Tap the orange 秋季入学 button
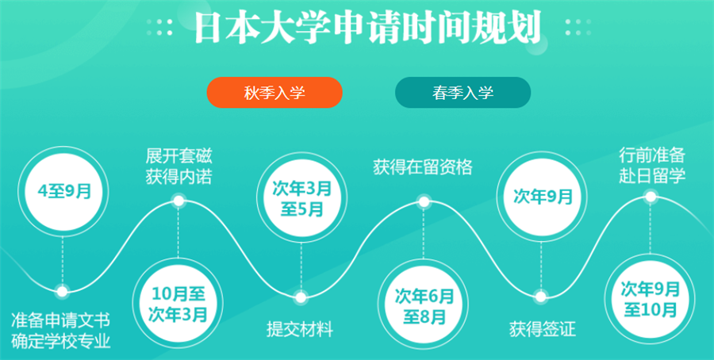pyautogui.click(x=274, y=93)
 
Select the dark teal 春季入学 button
pyautogui.click(x=463, y=93)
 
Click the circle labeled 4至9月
pyautogui.click(x=62, y=191)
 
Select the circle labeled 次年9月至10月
pyautogui.click(x=651, y=297)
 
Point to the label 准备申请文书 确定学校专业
pyautogui.click(x=61, y=331)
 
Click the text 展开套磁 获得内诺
pyautogui.click(x=178, y=165)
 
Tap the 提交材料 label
pyautogui.click(x=299, y=329)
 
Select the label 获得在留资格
pyautogui.click(x=423, y=167)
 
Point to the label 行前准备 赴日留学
pyautogui.click(x=651, y=163)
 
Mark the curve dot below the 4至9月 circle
pyautogui.click(x=62, y=290)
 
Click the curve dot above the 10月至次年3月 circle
pyautogui.click(x=178, y=200)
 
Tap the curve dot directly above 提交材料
pyautogui.click(x=300, y=297)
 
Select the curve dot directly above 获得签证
pyautogui.click(x=540, y=297)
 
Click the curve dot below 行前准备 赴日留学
pyautogui.click(x=651, y=197)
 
